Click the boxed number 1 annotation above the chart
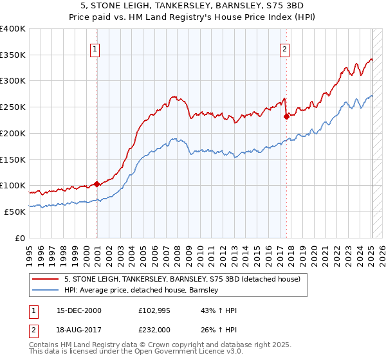[95, 48]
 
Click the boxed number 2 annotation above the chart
[284, 48]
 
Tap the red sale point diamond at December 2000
[96, 184]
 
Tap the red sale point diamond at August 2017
[286, 117]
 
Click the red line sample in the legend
[46, 279]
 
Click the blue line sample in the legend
[46, 290]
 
